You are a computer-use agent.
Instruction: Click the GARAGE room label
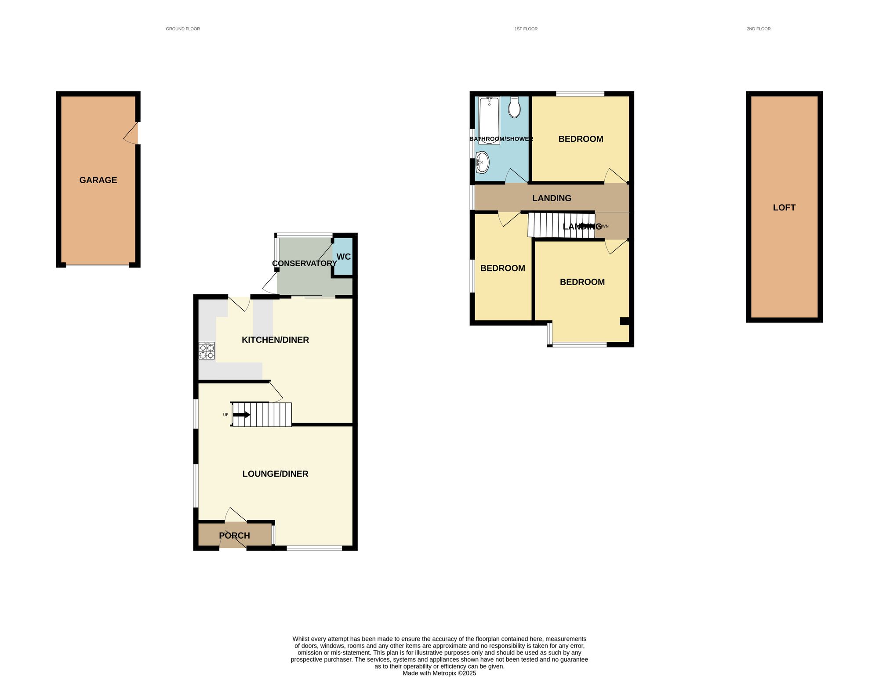[98, 180]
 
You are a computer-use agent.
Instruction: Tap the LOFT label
[784, 208]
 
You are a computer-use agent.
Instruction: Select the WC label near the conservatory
[343, 257]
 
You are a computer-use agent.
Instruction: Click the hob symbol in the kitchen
[207, 351]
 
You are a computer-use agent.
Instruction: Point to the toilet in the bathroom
[514, 107]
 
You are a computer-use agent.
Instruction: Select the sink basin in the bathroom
[482, 163]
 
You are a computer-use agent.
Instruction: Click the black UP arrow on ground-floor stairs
[241, 415]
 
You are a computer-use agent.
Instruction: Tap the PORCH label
[234, 536]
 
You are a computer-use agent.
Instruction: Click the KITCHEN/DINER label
[275, 340]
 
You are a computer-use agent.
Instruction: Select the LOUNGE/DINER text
[275, 474]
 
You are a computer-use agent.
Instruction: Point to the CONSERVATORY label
[304, 263]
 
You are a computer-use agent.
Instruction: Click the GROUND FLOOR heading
[183, 29]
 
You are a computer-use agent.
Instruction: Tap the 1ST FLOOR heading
[526, 29]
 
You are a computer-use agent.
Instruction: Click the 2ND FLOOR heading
[759, 29]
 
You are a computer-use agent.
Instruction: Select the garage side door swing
[131, 134]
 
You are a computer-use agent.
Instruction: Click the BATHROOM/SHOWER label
[501, 139]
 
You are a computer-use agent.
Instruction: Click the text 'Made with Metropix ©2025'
[439, 673]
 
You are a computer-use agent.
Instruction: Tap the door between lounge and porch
[235, 515]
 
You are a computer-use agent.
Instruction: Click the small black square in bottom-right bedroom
[624, 321]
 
